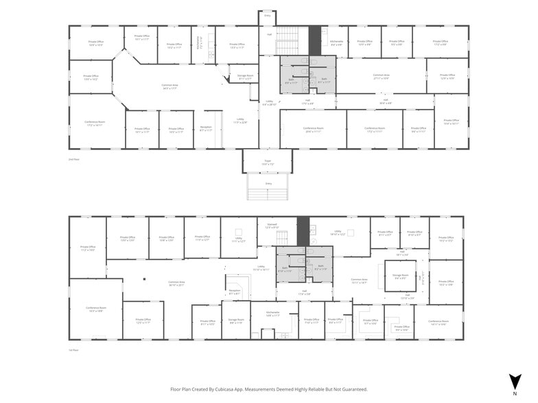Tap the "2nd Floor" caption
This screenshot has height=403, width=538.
click(x=73, y=159)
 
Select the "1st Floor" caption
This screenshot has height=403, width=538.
click(x=73, y=350)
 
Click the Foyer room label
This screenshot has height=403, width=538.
click(x=268, y=162)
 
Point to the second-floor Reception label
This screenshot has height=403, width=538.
click(x=206, y=128)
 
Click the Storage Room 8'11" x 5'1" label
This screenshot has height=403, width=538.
click(x=245, y=77)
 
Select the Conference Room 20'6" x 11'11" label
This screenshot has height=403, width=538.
click(x=313, y=129)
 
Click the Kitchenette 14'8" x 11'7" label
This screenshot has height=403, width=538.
click(x=272, y=314)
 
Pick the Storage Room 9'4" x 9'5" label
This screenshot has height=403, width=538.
click(x=399, y=277)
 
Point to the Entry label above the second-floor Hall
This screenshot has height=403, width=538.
click(x=267, y=15)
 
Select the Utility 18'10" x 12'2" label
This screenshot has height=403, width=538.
click(x=338, y=232)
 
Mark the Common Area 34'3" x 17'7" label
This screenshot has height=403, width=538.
click(x=169, y=86)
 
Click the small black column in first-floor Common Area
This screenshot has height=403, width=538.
click(x=145, y=279)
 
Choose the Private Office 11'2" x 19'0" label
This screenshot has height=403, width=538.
click(x=88, y=248)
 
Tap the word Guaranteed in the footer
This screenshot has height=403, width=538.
click(x=352, y=389)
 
